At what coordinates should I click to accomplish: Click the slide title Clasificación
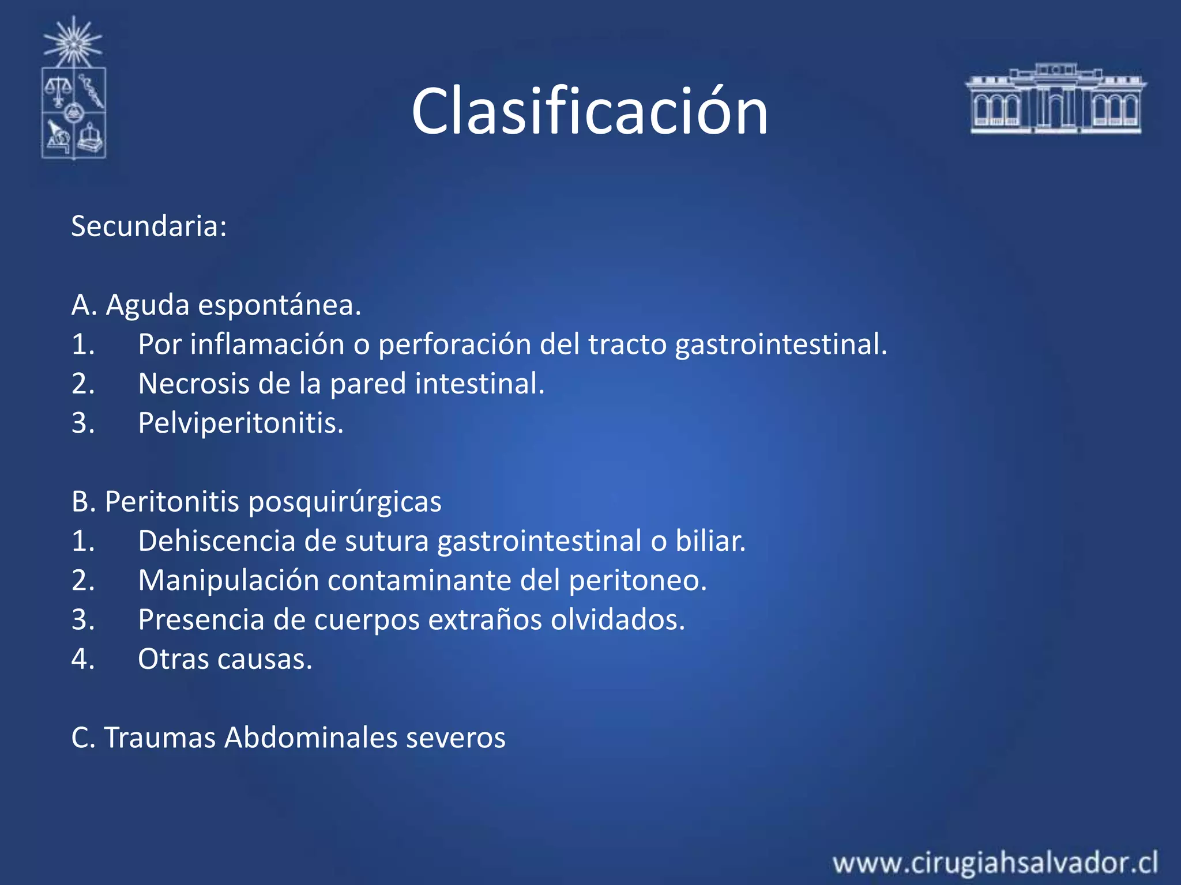(589, 111)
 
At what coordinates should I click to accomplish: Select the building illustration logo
(1055, 99)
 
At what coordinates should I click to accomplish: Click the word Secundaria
(148, 226)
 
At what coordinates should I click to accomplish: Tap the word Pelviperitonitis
(240, 423)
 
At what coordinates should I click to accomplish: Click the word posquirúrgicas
(345, 502)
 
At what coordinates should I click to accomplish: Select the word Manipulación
(228, 580)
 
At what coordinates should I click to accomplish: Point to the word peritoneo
(637, 580)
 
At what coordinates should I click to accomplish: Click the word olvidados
(618, 620)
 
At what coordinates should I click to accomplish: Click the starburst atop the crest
(73, 41)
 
